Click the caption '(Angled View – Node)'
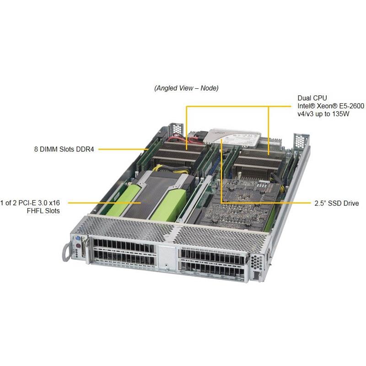[x=186, y=88]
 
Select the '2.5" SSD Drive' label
[x=337, y=203]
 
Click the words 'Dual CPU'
[x=309, y=98]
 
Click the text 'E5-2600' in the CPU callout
[x=350, y=106]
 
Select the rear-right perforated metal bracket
[x=300, y=140]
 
